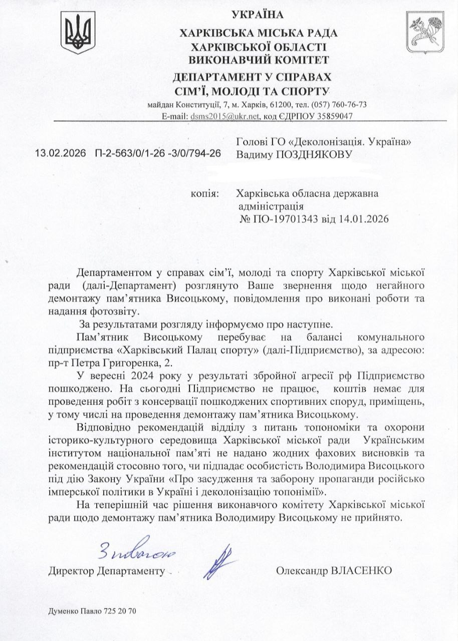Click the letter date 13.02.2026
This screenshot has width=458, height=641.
tap(61, 153)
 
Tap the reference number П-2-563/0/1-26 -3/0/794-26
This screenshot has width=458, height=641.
tap(157, 153)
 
